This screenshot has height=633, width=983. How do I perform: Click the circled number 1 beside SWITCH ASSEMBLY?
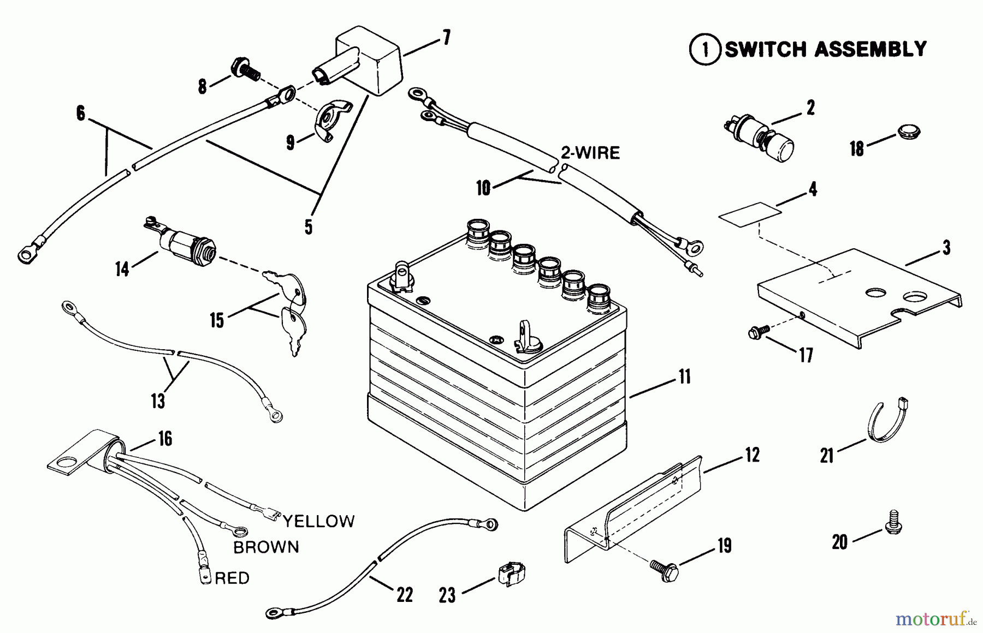click(x=705, y=50)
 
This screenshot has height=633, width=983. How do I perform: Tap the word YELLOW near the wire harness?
click(x=318, y=521)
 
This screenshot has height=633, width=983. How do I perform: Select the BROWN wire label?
click(x=266, y=547)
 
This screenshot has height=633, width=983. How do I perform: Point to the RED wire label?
click(x=232, y=578)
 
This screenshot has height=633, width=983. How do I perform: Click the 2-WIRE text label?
click(x=591, y=153)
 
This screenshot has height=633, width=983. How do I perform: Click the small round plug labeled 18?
click(x=909, y=132)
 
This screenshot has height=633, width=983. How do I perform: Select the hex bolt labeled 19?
click(x=665, y=570)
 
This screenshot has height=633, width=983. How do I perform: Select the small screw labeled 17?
click(x=760, y=331)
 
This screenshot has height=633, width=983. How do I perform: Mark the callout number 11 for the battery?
click(x=684, y=376)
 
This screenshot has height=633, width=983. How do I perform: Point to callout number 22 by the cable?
click(x=405, y=594)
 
